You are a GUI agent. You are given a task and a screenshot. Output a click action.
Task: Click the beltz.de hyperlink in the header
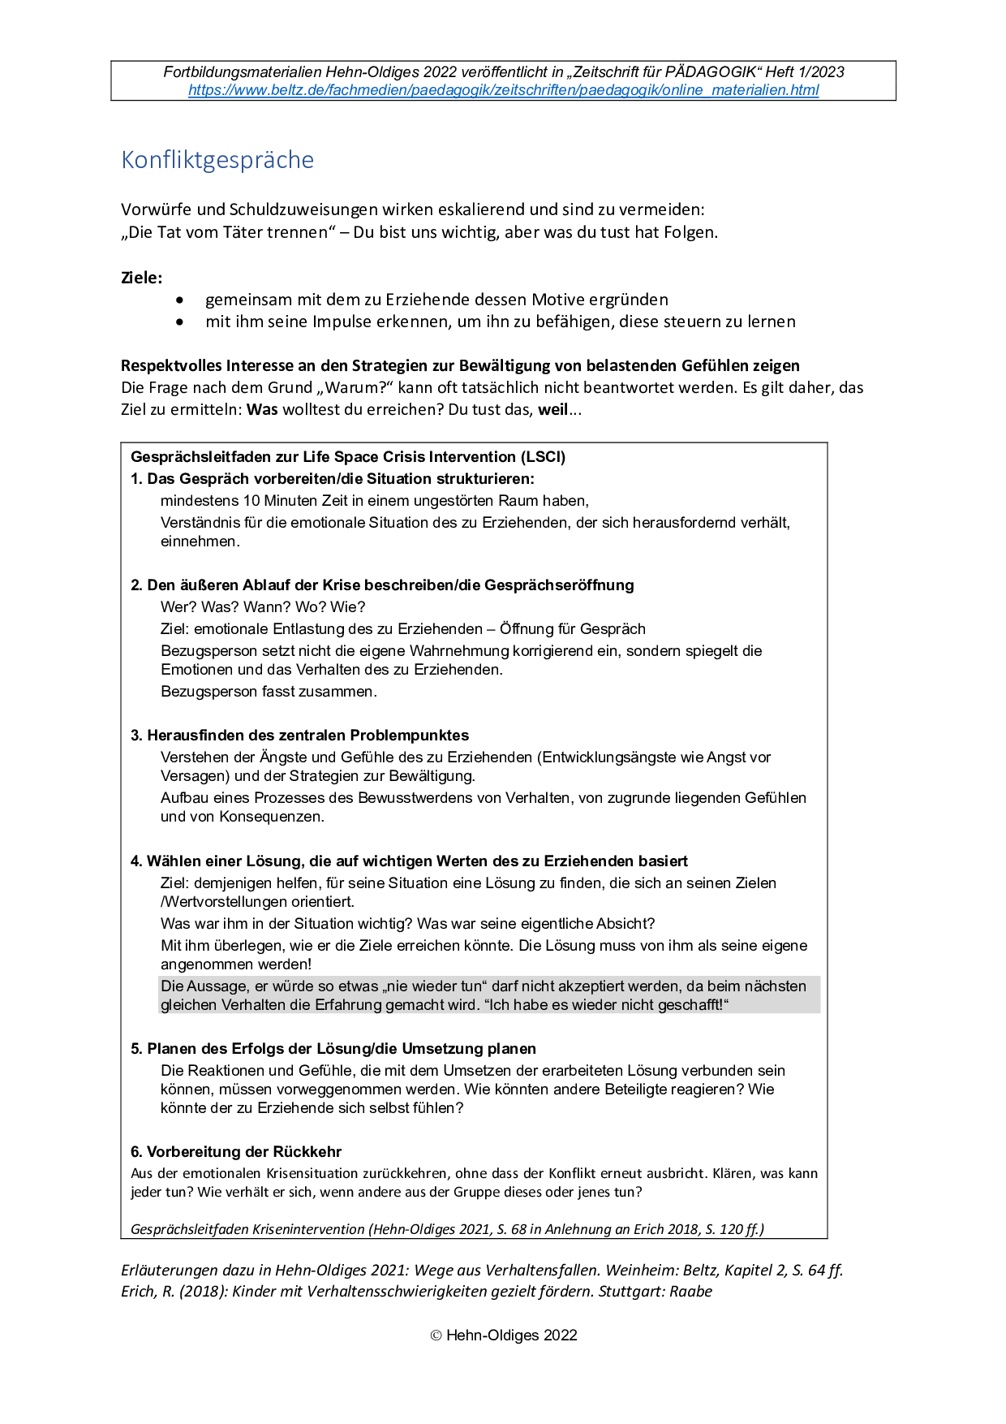[503, 90]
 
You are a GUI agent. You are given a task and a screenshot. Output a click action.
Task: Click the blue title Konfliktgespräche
[217, 160]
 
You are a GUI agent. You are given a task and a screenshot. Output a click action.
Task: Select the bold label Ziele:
[141, 278]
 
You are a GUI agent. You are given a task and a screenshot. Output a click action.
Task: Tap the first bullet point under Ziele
[436, 300]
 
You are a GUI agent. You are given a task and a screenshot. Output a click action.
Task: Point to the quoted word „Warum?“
[355, 387]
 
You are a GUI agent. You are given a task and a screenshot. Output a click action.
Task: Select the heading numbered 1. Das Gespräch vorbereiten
[333, 479]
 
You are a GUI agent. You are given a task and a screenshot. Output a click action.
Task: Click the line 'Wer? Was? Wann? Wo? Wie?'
[263, 607]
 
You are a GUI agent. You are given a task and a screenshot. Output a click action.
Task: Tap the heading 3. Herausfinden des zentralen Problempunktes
[300, 736]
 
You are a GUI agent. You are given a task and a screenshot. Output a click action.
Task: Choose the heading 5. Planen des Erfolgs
[333, 1049]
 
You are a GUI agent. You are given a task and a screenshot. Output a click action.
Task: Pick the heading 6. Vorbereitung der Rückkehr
[236, 1152]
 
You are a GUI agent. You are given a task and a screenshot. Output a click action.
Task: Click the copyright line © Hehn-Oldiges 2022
[503, 1336]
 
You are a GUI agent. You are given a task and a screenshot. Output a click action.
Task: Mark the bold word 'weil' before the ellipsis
[552, 409]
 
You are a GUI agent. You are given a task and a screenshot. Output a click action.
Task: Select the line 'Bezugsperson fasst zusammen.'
[269, 692]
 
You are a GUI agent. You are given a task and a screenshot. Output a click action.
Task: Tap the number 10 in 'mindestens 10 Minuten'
[251, 501]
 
